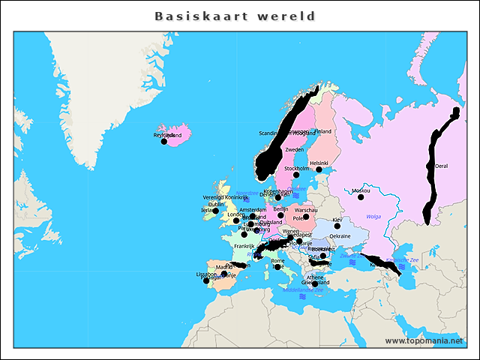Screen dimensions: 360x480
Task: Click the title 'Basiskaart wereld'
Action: click(235, 16)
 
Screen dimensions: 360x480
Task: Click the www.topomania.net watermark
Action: click(424, 340)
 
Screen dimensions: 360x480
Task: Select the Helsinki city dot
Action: click(319, 169)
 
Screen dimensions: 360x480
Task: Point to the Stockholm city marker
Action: click(295, 175)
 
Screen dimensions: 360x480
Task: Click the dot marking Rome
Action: click(277, 267)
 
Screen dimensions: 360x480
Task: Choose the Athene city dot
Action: click(315, 283)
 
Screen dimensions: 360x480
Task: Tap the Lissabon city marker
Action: click(206, 280)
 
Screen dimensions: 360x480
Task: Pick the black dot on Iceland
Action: click(164, 141)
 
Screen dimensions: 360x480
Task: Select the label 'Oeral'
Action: click(442, 166)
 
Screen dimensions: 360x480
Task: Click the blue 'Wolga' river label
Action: click(373, 217)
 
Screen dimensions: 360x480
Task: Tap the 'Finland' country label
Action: click(322, 131)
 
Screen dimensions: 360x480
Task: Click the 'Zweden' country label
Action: click(295, 150)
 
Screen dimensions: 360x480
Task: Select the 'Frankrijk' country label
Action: click(244, 246)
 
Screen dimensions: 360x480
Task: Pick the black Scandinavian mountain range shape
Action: click(281, 139)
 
